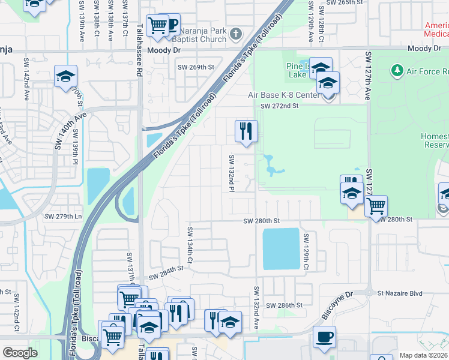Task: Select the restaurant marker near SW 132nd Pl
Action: coord(246,131)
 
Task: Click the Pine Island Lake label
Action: coord(297,70)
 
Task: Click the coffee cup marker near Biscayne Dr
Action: coord(325,337)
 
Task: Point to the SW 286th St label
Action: coord(284,305)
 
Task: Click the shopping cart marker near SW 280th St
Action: coord(376,206)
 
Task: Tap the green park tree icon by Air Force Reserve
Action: coord(396,71)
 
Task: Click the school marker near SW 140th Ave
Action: coord(65,76)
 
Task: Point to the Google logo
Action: coord(20,353)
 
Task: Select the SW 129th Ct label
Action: coord(306,251)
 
